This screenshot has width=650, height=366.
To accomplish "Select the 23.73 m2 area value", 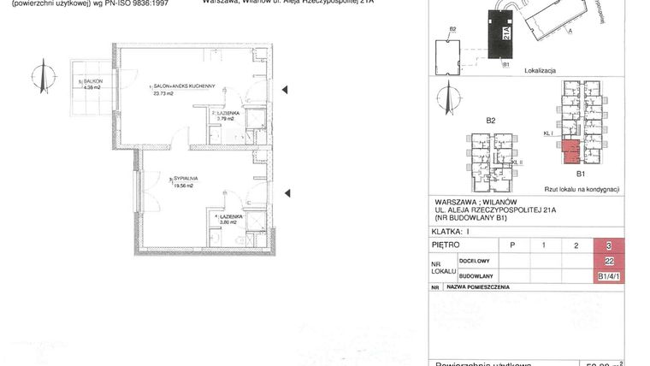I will tap(162, 94).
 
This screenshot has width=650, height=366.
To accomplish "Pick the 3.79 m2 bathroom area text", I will tap(227, 119).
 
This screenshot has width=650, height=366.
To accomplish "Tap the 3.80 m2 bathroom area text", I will tap(229, 223).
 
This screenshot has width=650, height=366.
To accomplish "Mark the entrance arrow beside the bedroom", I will tap(287, 192).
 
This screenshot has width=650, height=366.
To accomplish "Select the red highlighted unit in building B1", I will tap(570, 152).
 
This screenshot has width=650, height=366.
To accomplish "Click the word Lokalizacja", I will tap(541, 73).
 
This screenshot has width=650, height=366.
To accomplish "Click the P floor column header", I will tap(512, 245).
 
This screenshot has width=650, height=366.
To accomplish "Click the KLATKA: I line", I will tap(453, 231).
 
